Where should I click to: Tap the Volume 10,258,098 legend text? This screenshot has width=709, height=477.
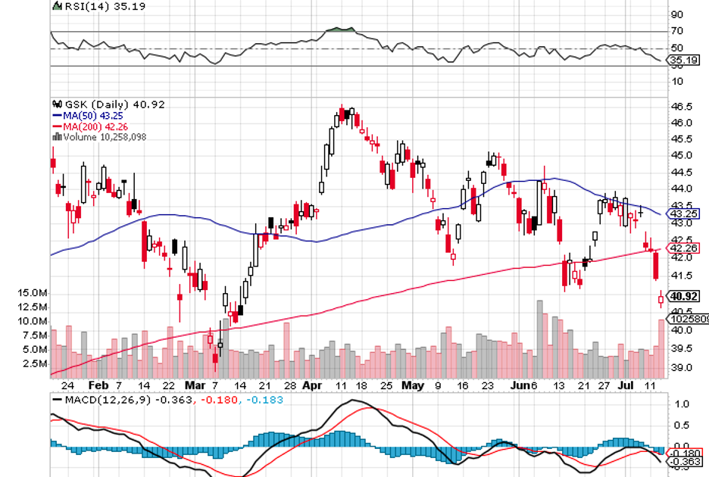[x=105, y=137]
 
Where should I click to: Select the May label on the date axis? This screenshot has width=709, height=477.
[x=412, y=384]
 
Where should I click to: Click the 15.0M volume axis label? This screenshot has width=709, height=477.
[x=34, y=292]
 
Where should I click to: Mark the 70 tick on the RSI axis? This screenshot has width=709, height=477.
[x=676, y=31]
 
